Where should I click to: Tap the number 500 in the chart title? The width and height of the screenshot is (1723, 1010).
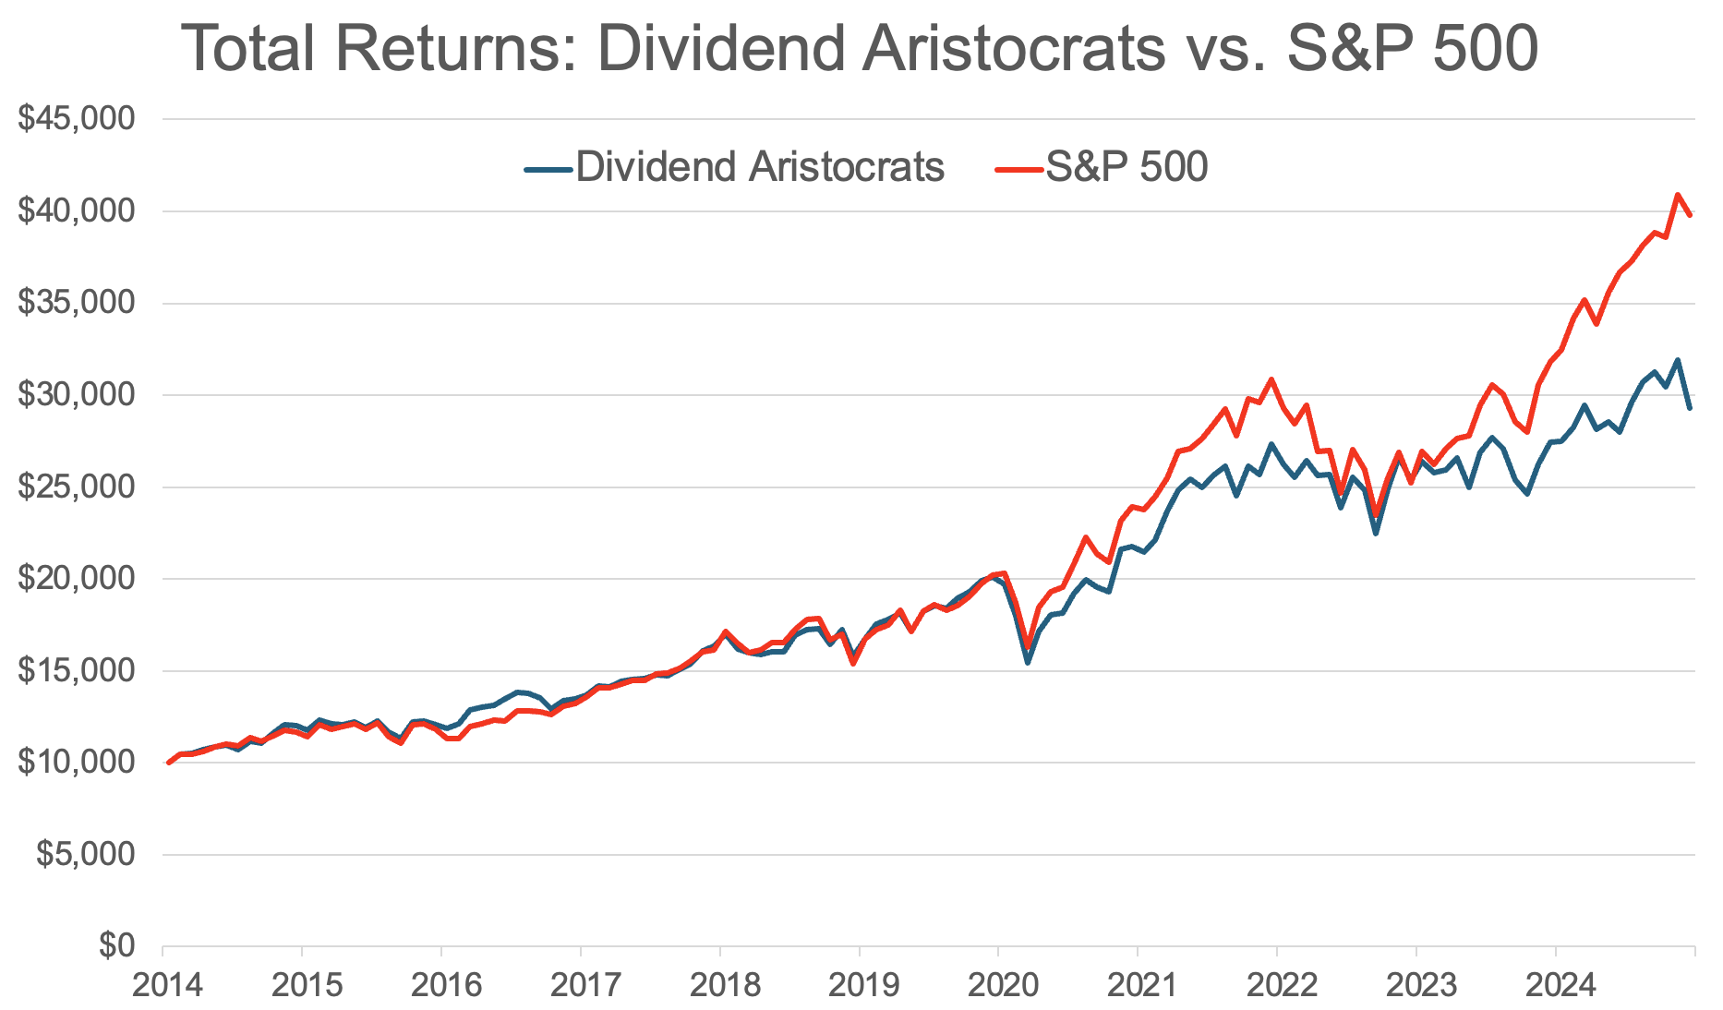[x=1485, y=48]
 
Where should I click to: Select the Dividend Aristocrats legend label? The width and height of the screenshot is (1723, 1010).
[x=760, y=167]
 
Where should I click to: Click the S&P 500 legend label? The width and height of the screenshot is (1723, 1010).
[x=1127, y=167]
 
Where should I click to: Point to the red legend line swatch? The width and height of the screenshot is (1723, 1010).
[x=1018, y=169]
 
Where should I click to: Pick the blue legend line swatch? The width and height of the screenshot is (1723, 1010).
[x=548, y=169]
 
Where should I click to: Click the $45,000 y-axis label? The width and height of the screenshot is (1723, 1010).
[x=77, y=119]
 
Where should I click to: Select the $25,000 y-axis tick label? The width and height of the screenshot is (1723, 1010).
[x=77, y=487]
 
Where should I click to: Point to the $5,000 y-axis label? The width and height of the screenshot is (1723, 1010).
[x=86, y=854]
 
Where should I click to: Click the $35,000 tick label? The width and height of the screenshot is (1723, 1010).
[x=77, y=303]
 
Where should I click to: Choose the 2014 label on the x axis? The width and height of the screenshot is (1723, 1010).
[x=167, y=986]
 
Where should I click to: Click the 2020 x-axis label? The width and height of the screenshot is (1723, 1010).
[x=1003, y=986]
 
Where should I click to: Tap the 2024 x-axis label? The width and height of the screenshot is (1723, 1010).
[x=1560, y=986]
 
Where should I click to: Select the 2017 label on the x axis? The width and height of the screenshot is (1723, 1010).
[x=585, y=986]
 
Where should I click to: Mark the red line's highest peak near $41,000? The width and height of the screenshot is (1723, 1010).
[x=1678, y=195]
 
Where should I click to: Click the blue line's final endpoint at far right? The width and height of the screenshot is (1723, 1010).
[x=1690, y=408]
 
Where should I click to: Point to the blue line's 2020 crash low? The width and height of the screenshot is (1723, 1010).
[x=1028, y=662]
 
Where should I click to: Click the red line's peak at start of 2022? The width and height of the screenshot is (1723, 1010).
[x=1271, y=379]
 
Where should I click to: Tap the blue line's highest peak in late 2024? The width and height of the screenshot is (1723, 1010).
[x=1678, y=360]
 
